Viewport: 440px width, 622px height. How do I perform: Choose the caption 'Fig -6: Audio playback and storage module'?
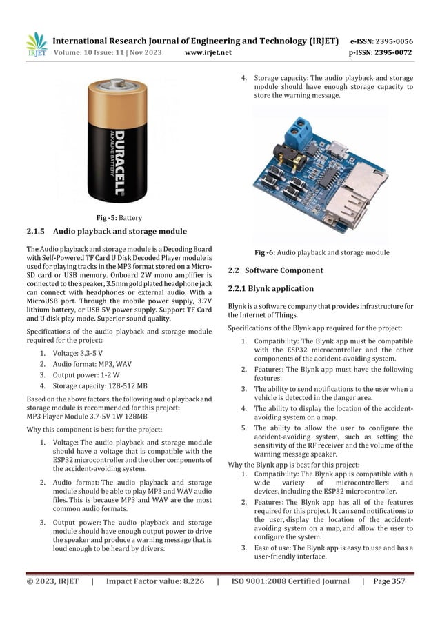click(x=321, y=252)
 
